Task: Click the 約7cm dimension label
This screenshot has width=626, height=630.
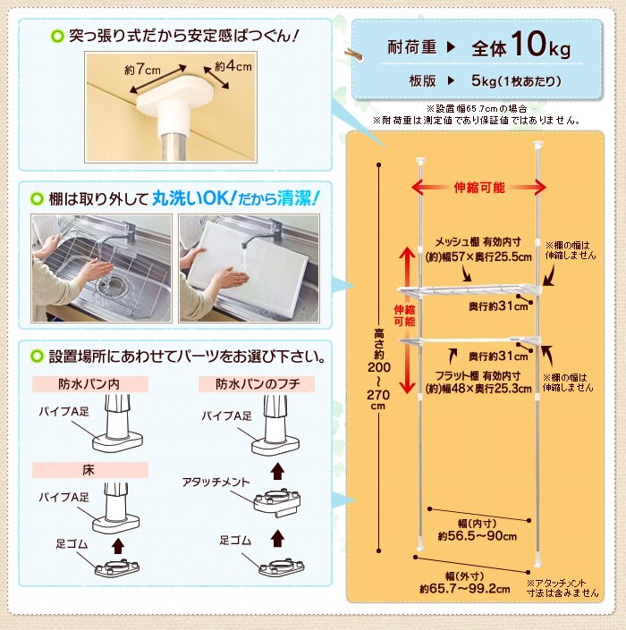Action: (x=142, y=69)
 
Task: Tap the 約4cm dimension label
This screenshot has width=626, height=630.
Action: (x=233, y=66)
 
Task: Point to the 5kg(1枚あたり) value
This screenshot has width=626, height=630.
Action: (x=516, y=81)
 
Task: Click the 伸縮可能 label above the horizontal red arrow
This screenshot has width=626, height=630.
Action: (x=479, y=188)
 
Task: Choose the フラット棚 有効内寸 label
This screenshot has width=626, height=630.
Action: (x=479, y=374)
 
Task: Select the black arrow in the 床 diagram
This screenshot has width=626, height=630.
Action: (x=115, y=542)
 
